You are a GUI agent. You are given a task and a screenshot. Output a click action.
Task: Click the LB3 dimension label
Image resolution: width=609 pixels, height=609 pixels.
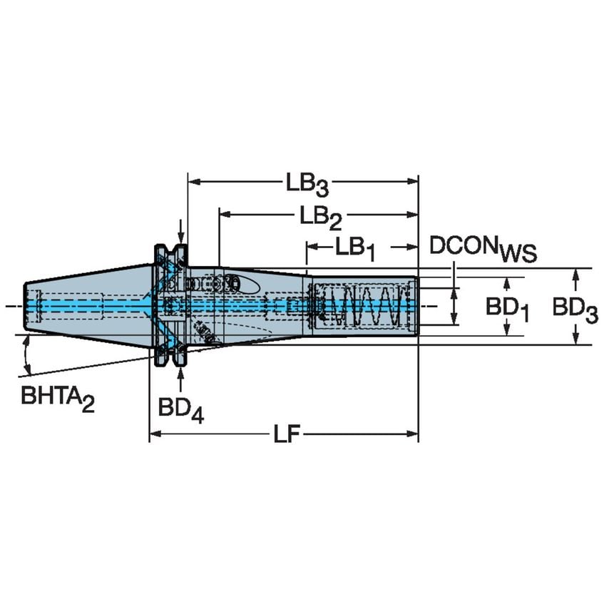pos(308,185)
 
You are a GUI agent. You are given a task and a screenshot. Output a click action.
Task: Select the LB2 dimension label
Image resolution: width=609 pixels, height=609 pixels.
pos(321,215)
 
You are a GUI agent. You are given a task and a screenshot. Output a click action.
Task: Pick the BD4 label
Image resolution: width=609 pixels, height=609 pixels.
pos(181,410)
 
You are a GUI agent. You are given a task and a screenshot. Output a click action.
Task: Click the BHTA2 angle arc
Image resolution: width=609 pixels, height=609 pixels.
pos(27,357)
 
